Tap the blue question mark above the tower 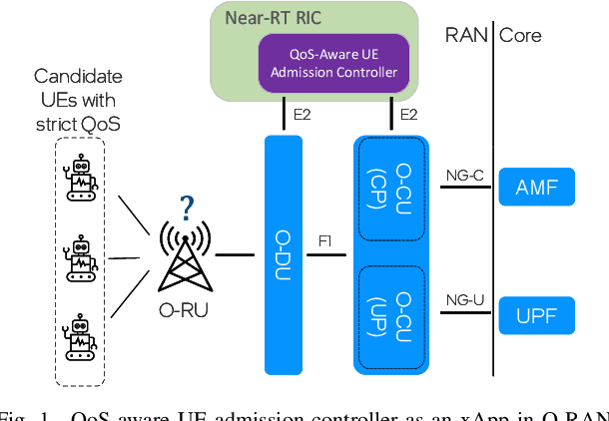187,209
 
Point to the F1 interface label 325,241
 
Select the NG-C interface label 464,177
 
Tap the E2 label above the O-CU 408,116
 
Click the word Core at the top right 520,36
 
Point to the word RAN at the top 464,36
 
